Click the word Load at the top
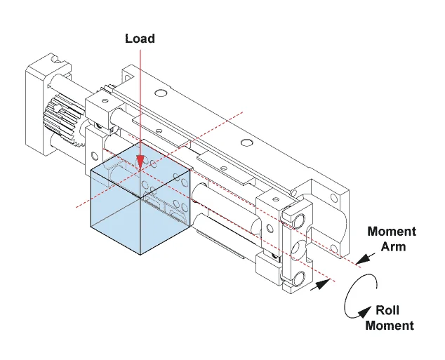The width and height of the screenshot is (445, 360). (x=140, y=38)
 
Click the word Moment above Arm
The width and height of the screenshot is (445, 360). (x=392, y=232)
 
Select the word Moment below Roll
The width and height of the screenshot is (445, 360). (x=390, y=325)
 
